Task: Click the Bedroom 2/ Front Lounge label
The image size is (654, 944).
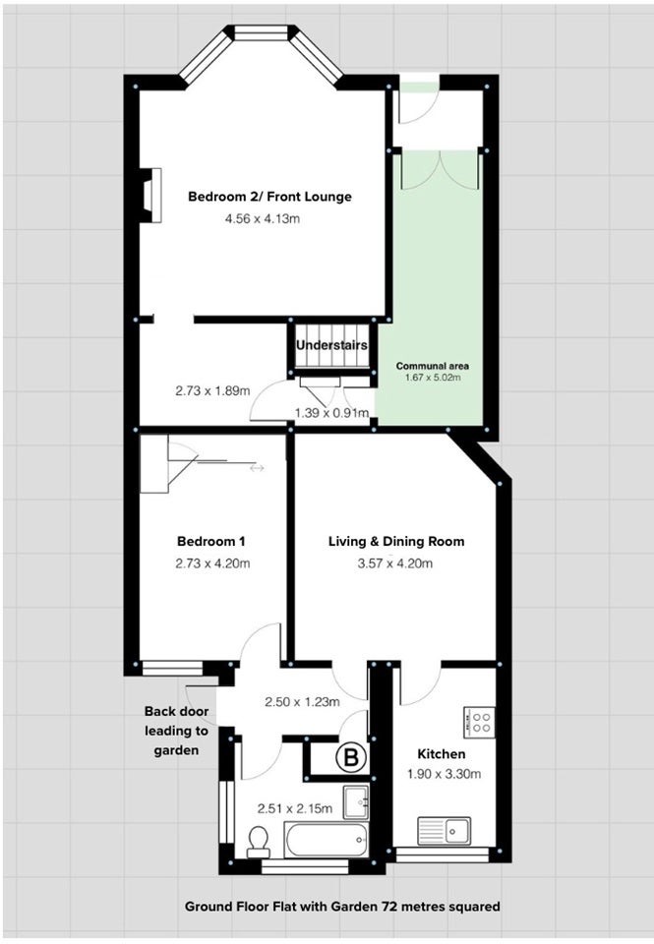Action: click(x=269, y=197)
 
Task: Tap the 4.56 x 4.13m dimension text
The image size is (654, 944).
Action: click(x=263, y=218)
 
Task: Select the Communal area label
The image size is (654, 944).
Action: click(x=433, y=366)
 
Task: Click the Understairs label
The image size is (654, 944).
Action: click(x=331, y=345)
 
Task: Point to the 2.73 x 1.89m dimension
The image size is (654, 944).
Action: click(x=212, y=390)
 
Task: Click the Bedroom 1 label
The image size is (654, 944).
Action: click(x=210, y=541)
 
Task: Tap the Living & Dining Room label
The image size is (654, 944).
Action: click(x=396, y=541)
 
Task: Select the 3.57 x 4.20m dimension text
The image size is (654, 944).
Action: click(x=395, y=563)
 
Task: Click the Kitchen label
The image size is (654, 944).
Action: click(x=442, y=754)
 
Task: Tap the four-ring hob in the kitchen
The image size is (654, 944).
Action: click(x=479, y=723)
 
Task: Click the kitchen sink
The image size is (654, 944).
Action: click(x=445, y=832)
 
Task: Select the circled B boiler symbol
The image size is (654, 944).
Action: click(x=350, y=757)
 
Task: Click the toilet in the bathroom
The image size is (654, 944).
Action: click(x=259, y=842)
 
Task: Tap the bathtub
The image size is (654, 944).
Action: click(x=326, y=841)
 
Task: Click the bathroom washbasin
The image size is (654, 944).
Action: click(x=356, y=802)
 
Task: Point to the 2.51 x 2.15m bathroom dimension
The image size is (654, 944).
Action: click(x=294, y=808)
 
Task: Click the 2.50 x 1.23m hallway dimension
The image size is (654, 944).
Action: click(x=302, y=702)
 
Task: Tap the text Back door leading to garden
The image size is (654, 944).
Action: click(x=176, y=731)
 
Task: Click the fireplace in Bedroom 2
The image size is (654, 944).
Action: click(x=150, y=196)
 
